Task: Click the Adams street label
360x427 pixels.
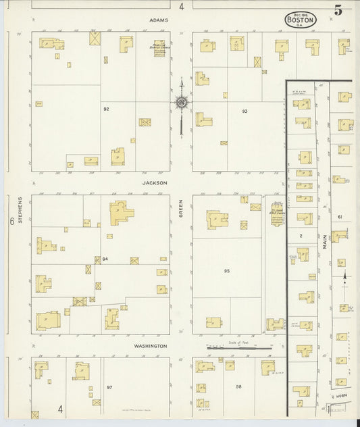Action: click(x=159, y=20)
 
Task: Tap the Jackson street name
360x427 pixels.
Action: click(x=155, y=182)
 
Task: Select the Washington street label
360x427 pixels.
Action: click(x=150, y=345)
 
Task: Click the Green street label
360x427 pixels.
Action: click(x=181, y=211)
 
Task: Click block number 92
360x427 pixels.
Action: click(x=106, y=109)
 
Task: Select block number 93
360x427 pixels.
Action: click(x=245, y=110)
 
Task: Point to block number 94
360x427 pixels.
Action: click(x=105, y=259)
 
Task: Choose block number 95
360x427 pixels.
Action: click(x=227, y=270)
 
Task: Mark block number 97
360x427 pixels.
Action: click(x=109, y=387)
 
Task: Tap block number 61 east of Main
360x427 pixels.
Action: click(x=340, y=216)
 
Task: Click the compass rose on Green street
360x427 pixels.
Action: click(x=182, y=103)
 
